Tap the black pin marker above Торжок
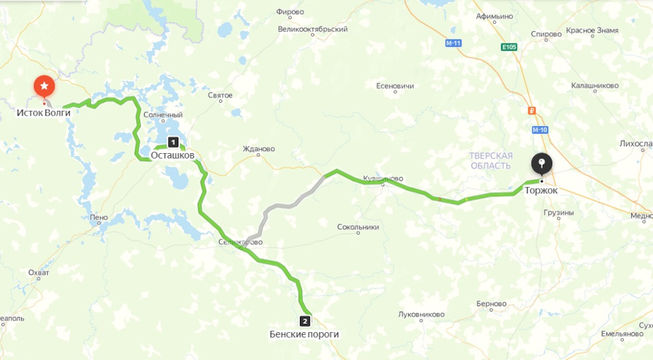[x=541, y=163]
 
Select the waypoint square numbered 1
[x=173, y=142]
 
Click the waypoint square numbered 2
[x=305, y=321]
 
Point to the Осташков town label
[x=172, y=155]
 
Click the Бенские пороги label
[x=303, y=334]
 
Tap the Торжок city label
[x=541, y=191]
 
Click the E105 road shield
[x=509, y=47]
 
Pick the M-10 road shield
[x=540, y=129]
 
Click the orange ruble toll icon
[x=532, y=110]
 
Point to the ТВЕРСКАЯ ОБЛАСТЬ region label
[x=490, y=161]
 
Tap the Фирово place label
[x=290, y=12]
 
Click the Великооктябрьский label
[x=313, y=30]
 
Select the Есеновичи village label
[x=395, y=86]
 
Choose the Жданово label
[x=258, y=148]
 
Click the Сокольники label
[x=358, y=227]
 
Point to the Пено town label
[x=98, y=218]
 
